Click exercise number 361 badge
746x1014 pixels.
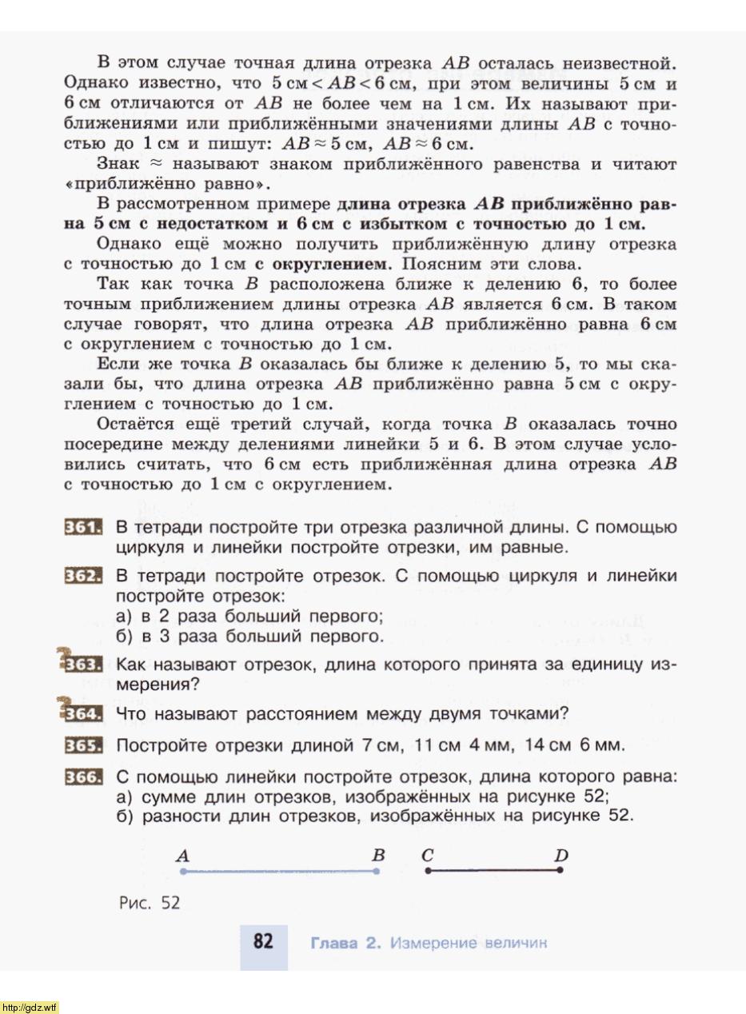click(x=83, y=528)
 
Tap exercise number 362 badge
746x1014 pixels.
click(x=83, y=577)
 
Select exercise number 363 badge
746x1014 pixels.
click(x=83, y=665)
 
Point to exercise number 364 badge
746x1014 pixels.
click(x=83, y=714)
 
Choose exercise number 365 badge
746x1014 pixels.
click(x=83, y=746)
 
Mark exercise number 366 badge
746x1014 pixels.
click(x=83, y=776)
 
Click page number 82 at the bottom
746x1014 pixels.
click(x=264, y=942)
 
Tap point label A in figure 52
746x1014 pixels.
click(x=183, y=856)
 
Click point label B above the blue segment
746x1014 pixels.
click(x=378, y=855)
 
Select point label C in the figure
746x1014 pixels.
click(x=428, y=855)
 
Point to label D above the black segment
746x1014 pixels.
click(x=560, y=856)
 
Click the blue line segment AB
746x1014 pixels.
click(x=280, y=871)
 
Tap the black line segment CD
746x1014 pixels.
click(x=493, y=870)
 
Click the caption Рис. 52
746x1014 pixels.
click(x=150, y=903)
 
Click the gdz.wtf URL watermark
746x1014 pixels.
click(x=30, y=1007)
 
